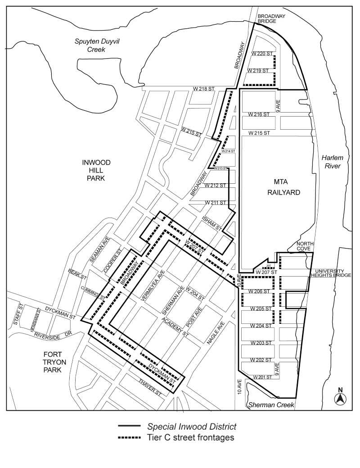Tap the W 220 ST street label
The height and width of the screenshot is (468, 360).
coord(262,54)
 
